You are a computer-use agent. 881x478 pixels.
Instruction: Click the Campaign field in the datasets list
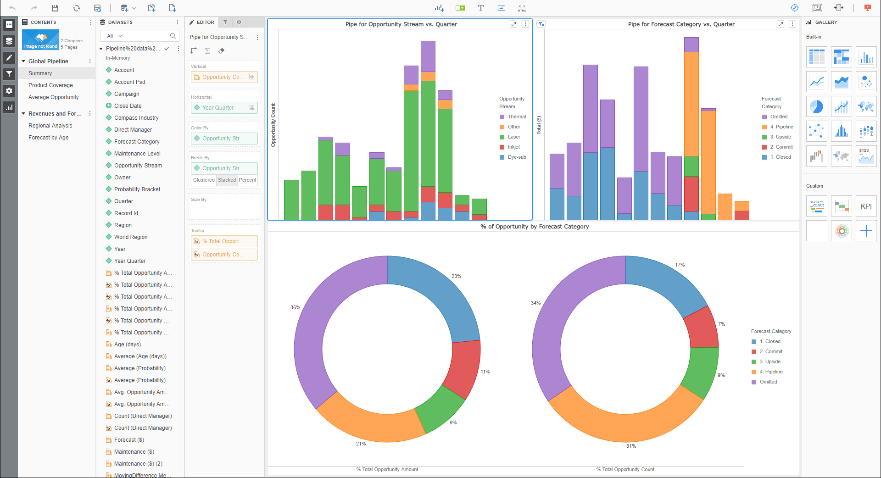point(127,94)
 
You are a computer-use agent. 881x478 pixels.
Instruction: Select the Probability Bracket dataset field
point(137,189)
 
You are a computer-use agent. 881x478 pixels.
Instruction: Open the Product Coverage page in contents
point(50,85)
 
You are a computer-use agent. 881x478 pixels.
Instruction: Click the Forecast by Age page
point(48,138)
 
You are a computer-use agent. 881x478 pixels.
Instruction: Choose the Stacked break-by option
point(227,180)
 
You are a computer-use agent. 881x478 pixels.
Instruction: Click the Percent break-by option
point(247,180)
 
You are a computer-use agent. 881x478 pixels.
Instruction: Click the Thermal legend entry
point(516,117)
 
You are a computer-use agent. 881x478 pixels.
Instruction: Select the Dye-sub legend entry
point(516,157)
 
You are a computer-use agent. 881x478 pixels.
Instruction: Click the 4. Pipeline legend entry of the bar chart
point(781,127)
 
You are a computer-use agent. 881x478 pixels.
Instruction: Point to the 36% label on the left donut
point(295,307)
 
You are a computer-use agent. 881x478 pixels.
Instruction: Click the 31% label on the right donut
point(631,446)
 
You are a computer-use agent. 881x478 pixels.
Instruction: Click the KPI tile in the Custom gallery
point(866,206)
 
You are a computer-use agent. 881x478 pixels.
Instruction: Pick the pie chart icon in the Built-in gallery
point(816,106)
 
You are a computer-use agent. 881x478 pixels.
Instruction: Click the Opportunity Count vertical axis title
point(273,125)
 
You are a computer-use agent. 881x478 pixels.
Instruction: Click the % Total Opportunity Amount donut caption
point(387,469)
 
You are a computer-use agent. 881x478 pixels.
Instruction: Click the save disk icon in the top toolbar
point(55,8)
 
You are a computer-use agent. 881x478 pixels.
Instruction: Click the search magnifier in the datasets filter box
point(173,36)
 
